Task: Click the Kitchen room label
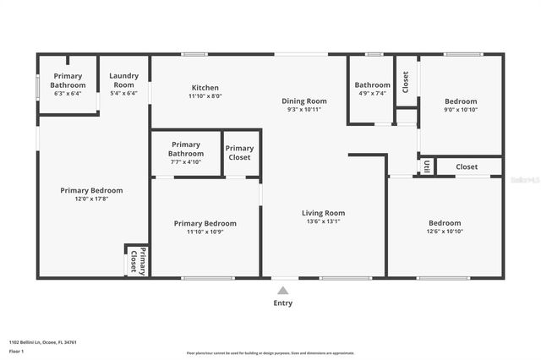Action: pos(205,88)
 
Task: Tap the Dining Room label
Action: pos(304,101)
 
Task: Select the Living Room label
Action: pos(323,213)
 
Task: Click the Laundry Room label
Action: pos(123,81)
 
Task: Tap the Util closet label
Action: pos(427,166)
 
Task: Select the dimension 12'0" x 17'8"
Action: pos(91,199)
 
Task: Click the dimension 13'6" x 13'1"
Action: pos(323,221)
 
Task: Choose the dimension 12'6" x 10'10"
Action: pos(456,232)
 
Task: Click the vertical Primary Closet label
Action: pos(137,261)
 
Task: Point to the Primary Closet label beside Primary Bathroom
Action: pos(239,153)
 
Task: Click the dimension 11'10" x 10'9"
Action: pos(205,232)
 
